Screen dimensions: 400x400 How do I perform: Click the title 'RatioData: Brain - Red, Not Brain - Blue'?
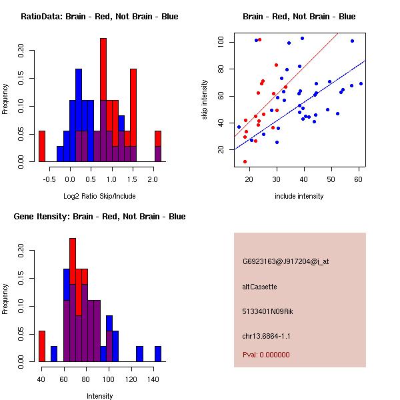pyautogui.click(x=99, y=17)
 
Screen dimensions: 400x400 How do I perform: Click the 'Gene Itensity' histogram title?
pyautogui.click(x=99, y=217)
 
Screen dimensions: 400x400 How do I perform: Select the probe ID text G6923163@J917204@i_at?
pyautogui.click(x=285, y=261)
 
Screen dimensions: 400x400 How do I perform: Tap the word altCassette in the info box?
pyautogui.click(x=259, y=287)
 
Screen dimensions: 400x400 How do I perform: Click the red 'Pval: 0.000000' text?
pyautogui.click(x=267, y=355)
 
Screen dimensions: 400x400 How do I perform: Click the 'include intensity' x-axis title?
pyautogui.click(x=299, y=196)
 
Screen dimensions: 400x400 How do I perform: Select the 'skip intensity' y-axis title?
pyautogui.click(x=205, y=100)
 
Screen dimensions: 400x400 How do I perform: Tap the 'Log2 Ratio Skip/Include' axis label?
pyautogui.click(x=99, y=196)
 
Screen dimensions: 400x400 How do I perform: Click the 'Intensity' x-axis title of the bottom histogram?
pyautogui.click(x=99, y=396)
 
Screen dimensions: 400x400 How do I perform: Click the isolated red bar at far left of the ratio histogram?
pyautogui.click(x=42, y=146)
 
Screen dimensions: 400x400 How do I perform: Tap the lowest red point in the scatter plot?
pyautogui.click(x=245, y=161)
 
